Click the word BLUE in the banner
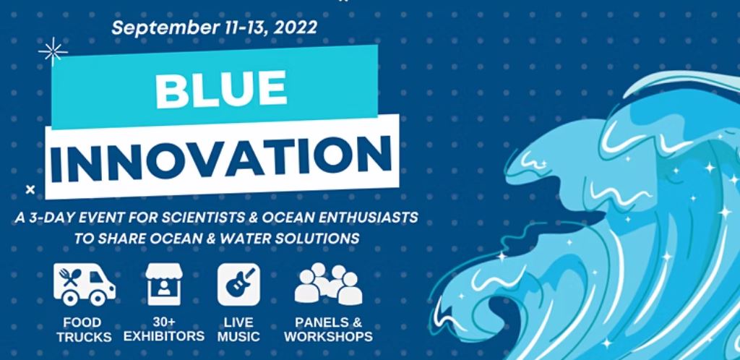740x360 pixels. click(221, 88)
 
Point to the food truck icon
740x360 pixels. click(84, 285)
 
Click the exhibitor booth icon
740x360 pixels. click(164, 284)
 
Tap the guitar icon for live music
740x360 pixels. click(238, 285)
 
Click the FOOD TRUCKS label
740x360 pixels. click(84, 330)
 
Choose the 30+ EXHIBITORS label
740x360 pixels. click(164, 330)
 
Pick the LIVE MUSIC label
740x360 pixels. click(238, 330)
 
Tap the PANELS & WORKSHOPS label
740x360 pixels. click(329, 330)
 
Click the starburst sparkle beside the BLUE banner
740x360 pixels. click(53, 51)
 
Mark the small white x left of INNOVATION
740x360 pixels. click(30, 190)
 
